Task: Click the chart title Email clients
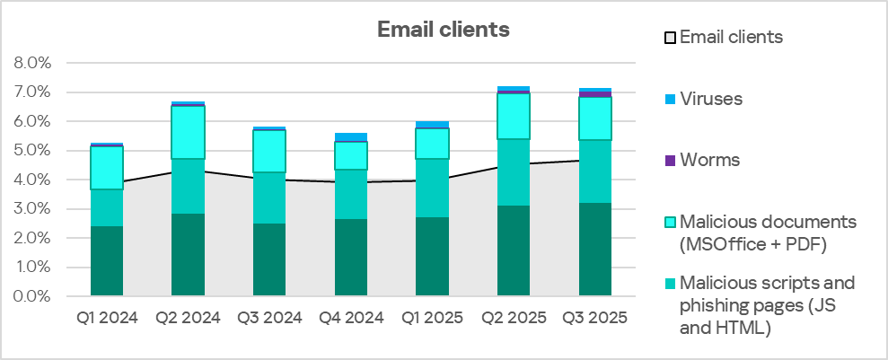point(443,30)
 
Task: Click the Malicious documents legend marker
point(669,222)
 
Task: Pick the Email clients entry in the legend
point(731,38)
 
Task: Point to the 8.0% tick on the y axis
point(33,64)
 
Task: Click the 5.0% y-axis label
point(33,151)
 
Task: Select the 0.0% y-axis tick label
point(33,296)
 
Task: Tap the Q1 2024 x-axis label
point(107,318)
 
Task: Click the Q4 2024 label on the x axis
point(351,318)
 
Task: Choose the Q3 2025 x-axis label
point(595,318)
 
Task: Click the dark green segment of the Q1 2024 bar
point(107,261)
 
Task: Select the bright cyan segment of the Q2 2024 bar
point(189,132)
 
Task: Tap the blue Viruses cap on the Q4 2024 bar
point(351,136)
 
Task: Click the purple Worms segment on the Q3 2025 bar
point(595,94)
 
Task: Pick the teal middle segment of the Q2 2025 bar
point(514,172)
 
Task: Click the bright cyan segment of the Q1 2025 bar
point(433,144)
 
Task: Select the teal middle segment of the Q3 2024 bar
point(270,198)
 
